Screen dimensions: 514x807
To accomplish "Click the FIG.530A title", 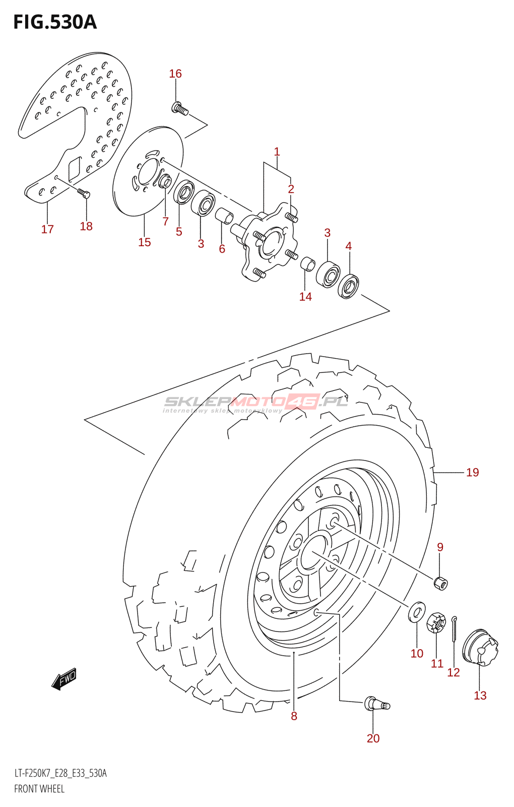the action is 55,22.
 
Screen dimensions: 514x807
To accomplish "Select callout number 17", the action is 47,229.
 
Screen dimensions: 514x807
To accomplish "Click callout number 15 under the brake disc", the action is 144,242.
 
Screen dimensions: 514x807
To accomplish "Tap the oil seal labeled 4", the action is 348,286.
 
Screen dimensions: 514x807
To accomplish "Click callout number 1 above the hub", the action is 277,152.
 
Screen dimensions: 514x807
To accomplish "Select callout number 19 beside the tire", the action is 472,472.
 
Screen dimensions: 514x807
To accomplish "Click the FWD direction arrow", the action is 64,679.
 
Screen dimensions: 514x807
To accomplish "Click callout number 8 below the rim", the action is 294,716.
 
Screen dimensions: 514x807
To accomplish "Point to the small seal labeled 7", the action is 165,181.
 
